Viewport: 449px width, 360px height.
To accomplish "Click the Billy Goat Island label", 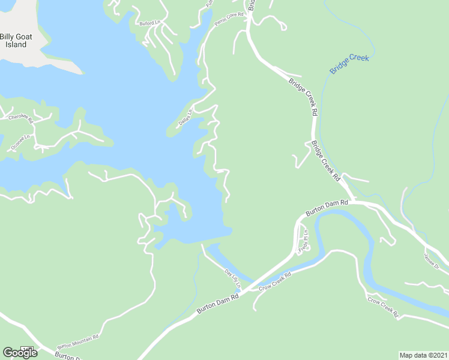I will [16, 40].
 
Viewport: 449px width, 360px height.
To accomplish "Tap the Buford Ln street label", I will [150, 23].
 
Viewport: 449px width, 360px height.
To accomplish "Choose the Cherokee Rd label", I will [20, 119].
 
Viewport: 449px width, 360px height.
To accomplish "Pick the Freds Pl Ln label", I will [305, 239].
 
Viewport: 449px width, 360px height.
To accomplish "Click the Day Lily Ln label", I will [232, 277].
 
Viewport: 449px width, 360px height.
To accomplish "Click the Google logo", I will [20, 353].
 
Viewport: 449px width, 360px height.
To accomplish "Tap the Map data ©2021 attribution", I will [423, 355].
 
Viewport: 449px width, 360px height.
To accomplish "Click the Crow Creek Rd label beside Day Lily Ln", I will [275, 281].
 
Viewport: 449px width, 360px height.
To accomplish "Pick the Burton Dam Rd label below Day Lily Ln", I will [218, 304].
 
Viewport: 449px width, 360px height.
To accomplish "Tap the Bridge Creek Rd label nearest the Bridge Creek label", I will [302, 97].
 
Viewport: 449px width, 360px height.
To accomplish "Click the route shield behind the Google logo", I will [26, 349].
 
